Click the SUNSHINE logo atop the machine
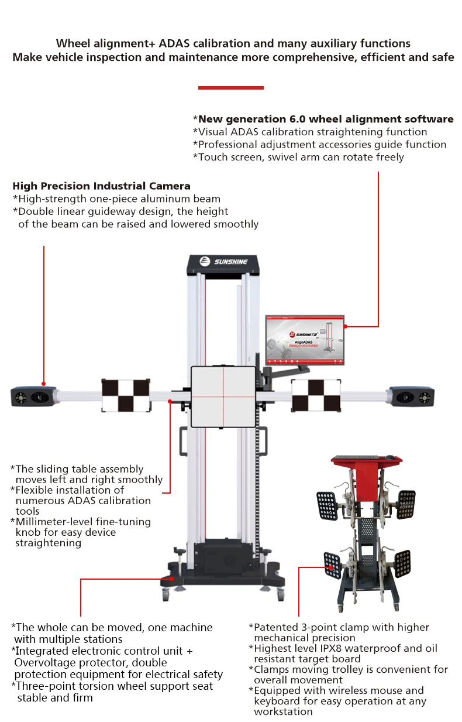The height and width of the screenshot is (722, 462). click(x=223, y=262)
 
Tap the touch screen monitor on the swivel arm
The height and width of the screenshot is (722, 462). click(x=305, y=340)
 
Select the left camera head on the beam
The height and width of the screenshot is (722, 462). click(x=33, y=397)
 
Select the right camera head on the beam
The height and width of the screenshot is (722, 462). click(x=411, y=396)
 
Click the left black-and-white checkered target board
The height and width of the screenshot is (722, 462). click(x=126, y=395)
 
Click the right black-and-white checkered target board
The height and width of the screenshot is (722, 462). click(x=316, y=395)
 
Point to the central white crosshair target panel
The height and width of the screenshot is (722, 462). click(x=223, y=396)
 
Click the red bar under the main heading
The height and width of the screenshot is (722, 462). click(x=231, y=88)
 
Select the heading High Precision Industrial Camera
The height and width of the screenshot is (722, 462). click(x=101, y=186)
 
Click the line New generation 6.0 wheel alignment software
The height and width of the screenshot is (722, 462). click(x=326, y=119)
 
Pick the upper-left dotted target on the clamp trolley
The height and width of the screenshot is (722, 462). click(x=327, y=505)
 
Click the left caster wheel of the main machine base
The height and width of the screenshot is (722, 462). click(x=166, y=596)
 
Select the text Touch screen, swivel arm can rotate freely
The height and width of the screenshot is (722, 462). click(x=298, y=157)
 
